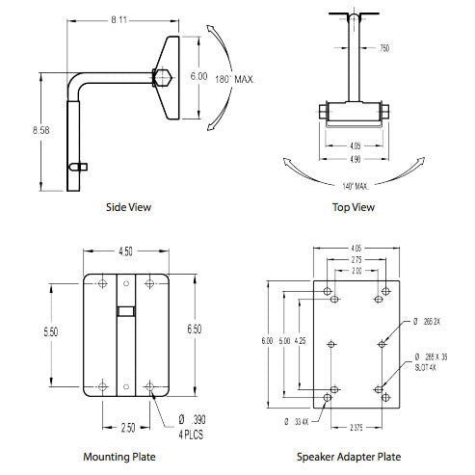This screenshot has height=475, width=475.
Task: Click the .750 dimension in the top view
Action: click(383, 47)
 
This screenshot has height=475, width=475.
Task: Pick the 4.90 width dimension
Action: click(355, 158)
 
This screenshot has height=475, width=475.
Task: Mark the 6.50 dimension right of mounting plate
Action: click(194, 330)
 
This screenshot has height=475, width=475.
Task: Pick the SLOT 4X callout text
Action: click(424, 366)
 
